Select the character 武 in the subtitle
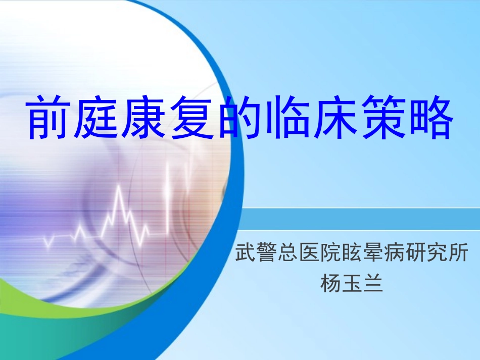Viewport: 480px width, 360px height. pos(246,253)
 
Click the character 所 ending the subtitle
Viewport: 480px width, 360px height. pos(458,253)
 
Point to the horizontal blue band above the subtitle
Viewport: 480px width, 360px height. pos(359,219)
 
